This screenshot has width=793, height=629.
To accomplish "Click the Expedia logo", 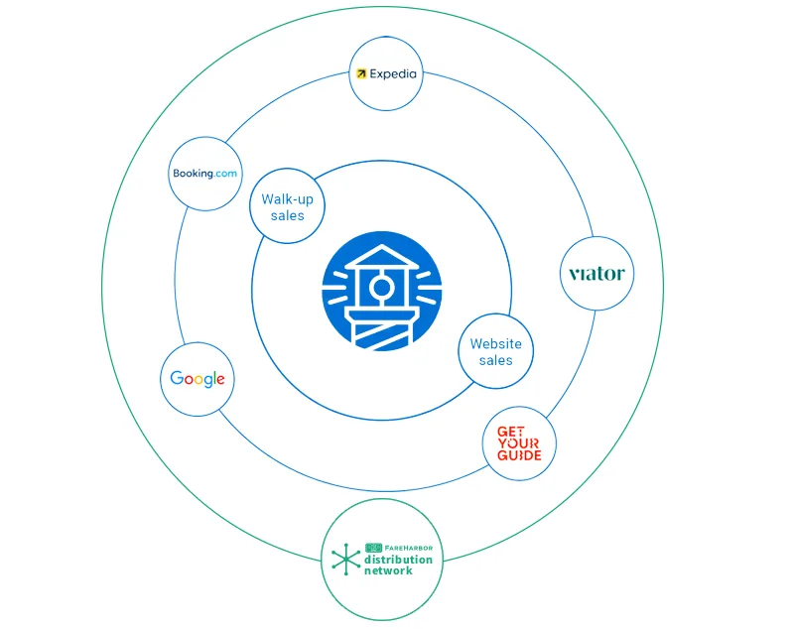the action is [386, 73].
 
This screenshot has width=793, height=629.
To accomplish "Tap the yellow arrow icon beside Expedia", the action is [361, 73].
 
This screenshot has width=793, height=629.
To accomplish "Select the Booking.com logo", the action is [204, 174].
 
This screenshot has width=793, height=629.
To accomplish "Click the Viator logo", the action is [596, 274].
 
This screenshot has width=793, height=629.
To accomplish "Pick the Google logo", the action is [198, 379].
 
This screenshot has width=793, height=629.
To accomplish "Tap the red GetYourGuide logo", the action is [519, 443].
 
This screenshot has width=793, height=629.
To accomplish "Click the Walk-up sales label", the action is [287, 207].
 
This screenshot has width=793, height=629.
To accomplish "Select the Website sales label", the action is [495, 352].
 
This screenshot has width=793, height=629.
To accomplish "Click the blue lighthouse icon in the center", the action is [382, 291].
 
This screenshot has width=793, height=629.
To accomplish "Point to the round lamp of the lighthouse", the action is [381, 288].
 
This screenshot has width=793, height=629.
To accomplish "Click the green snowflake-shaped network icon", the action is [346, 560].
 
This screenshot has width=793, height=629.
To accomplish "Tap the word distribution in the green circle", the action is [399, 560].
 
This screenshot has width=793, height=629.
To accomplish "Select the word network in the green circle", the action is [388, 570].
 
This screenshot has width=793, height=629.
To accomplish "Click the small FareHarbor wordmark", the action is [399, 548].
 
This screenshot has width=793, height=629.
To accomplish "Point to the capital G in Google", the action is [177, 377].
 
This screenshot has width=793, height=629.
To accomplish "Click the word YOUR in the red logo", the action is [518, 443].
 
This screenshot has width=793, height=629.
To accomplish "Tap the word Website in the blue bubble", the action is [495, 344].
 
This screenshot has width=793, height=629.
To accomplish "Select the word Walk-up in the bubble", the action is [287, 199].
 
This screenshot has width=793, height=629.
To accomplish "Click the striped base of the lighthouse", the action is [382, 331].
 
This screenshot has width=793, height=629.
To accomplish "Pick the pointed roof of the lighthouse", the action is [382, 256].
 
